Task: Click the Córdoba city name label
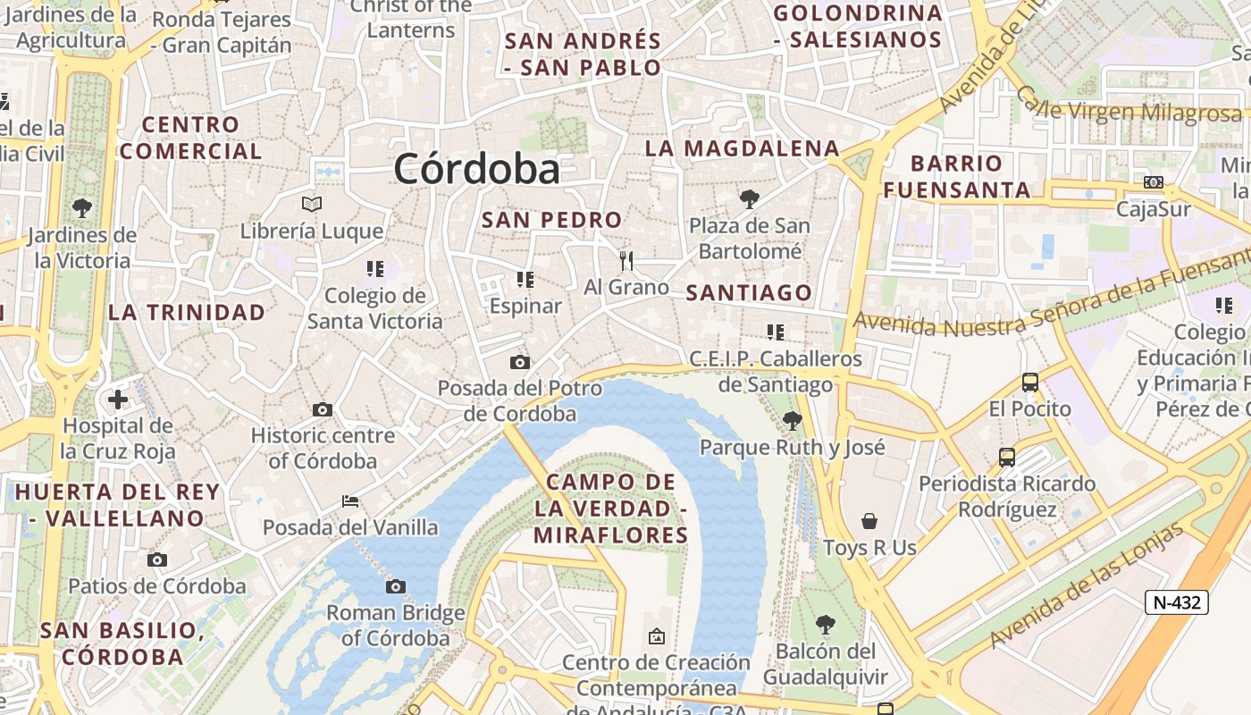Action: tap(476, 169)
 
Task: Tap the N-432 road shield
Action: tap(1176, 602)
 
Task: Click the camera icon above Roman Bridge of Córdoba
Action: tap(395, 587)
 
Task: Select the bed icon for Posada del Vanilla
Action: tap(350, 501)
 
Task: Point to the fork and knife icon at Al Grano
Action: tap(626, 261)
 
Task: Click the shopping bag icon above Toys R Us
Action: tap(869, 521)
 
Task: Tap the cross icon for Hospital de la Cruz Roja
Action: tap(117, 400)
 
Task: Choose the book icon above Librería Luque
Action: tap(311, 205)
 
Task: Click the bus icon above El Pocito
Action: tap(1029, 383)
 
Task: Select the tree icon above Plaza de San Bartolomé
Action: tap(749, 198)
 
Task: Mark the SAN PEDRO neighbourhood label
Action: tap(551, 220)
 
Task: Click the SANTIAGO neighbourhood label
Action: tap(749, 293)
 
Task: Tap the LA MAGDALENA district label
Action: tap(742, 149)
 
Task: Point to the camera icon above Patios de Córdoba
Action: tap(157, 560)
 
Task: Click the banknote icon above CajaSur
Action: tap(1153, 182)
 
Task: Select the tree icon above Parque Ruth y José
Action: tap(792, 420)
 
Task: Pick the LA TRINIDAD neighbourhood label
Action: tap(187, 313)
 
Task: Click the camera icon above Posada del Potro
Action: tap(519, 362)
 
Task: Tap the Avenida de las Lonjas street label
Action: tap(1085, 585)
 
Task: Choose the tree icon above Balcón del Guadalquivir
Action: tap(826, 624)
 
